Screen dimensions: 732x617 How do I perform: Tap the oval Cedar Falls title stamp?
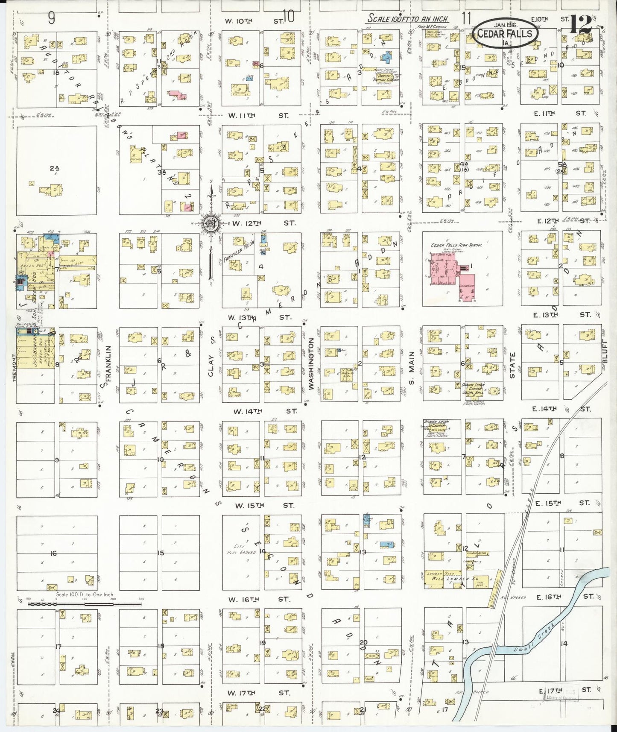point(505,33)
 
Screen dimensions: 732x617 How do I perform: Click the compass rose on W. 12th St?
point(211,223)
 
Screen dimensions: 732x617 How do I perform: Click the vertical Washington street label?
point(311,363)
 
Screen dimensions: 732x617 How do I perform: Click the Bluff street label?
point(604,351)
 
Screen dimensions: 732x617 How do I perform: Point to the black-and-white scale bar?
point(85,604)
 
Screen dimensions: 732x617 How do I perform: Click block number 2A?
point(53,168)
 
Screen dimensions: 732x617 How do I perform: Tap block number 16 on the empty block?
point(53,553)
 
